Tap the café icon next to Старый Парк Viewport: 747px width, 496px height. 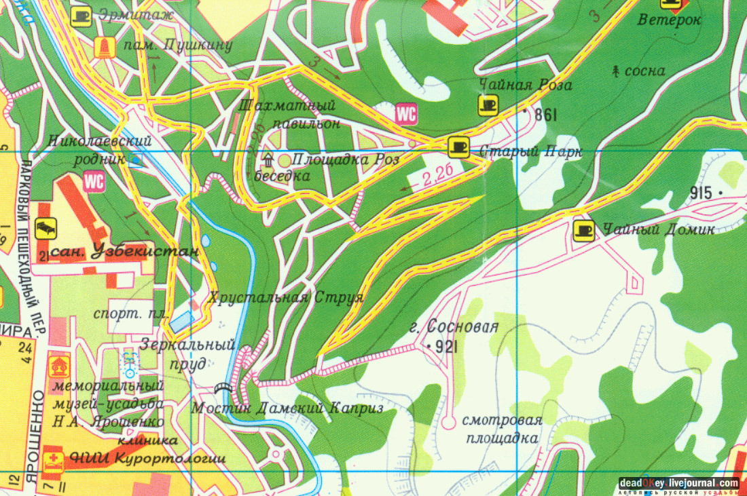point(459,146)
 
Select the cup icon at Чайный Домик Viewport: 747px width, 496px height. point(583,231)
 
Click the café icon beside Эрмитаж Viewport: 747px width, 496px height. point(81,15)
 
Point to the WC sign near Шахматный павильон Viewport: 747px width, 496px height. point(406,113)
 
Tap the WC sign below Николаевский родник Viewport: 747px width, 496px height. point(94,181)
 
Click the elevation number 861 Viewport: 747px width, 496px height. point(545,115)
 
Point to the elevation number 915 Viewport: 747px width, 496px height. point(700,193)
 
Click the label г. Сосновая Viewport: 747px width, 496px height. point(454,328)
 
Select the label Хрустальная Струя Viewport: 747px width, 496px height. point(287,297)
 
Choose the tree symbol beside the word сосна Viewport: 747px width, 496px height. point(617,70)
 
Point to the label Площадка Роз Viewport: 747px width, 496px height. point(345,159)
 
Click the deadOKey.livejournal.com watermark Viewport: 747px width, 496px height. point(678,484)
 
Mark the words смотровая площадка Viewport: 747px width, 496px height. point(502,429)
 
